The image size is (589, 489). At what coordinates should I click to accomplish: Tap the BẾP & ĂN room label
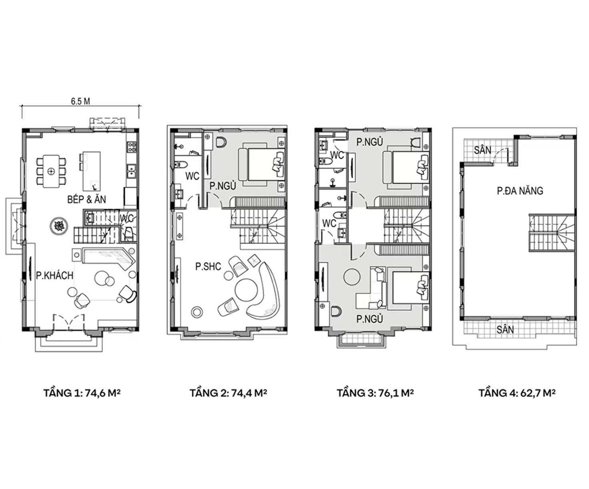pos(86,200)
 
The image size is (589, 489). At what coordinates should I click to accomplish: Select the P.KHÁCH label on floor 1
pos(55,275)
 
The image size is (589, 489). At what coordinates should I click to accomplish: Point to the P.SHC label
pos(208,267)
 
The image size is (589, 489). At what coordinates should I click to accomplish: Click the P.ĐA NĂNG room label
pos(520,191)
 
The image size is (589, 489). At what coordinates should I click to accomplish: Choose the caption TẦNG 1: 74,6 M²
pos(82,393)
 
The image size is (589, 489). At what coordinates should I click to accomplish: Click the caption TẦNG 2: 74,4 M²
pos(228,393)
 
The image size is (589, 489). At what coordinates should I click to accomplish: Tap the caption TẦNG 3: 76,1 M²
pos(375,393)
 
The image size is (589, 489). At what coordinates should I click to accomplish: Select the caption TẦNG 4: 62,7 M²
pos(517,393)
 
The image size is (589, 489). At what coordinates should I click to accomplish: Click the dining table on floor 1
pos(51,171)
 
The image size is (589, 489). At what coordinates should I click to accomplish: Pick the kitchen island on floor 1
pos(91,171)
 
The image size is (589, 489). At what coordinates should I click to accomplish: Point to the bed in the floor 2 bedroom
pos(261,164)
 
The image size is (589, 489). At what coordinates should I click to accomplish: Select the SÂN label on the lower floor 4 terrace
pos(505,330)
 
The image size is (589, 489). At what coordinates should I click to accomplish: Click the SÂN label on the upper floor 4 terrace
pos(483,150)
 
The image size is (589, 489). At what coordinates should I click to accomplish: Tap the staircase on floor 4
pos(551,232)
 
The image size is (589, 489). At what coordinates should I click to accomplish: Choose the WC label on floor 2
pos(192,176)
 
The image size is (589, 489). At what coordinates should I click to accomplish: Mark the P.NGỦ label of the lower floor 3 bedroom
pos(370,319)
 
